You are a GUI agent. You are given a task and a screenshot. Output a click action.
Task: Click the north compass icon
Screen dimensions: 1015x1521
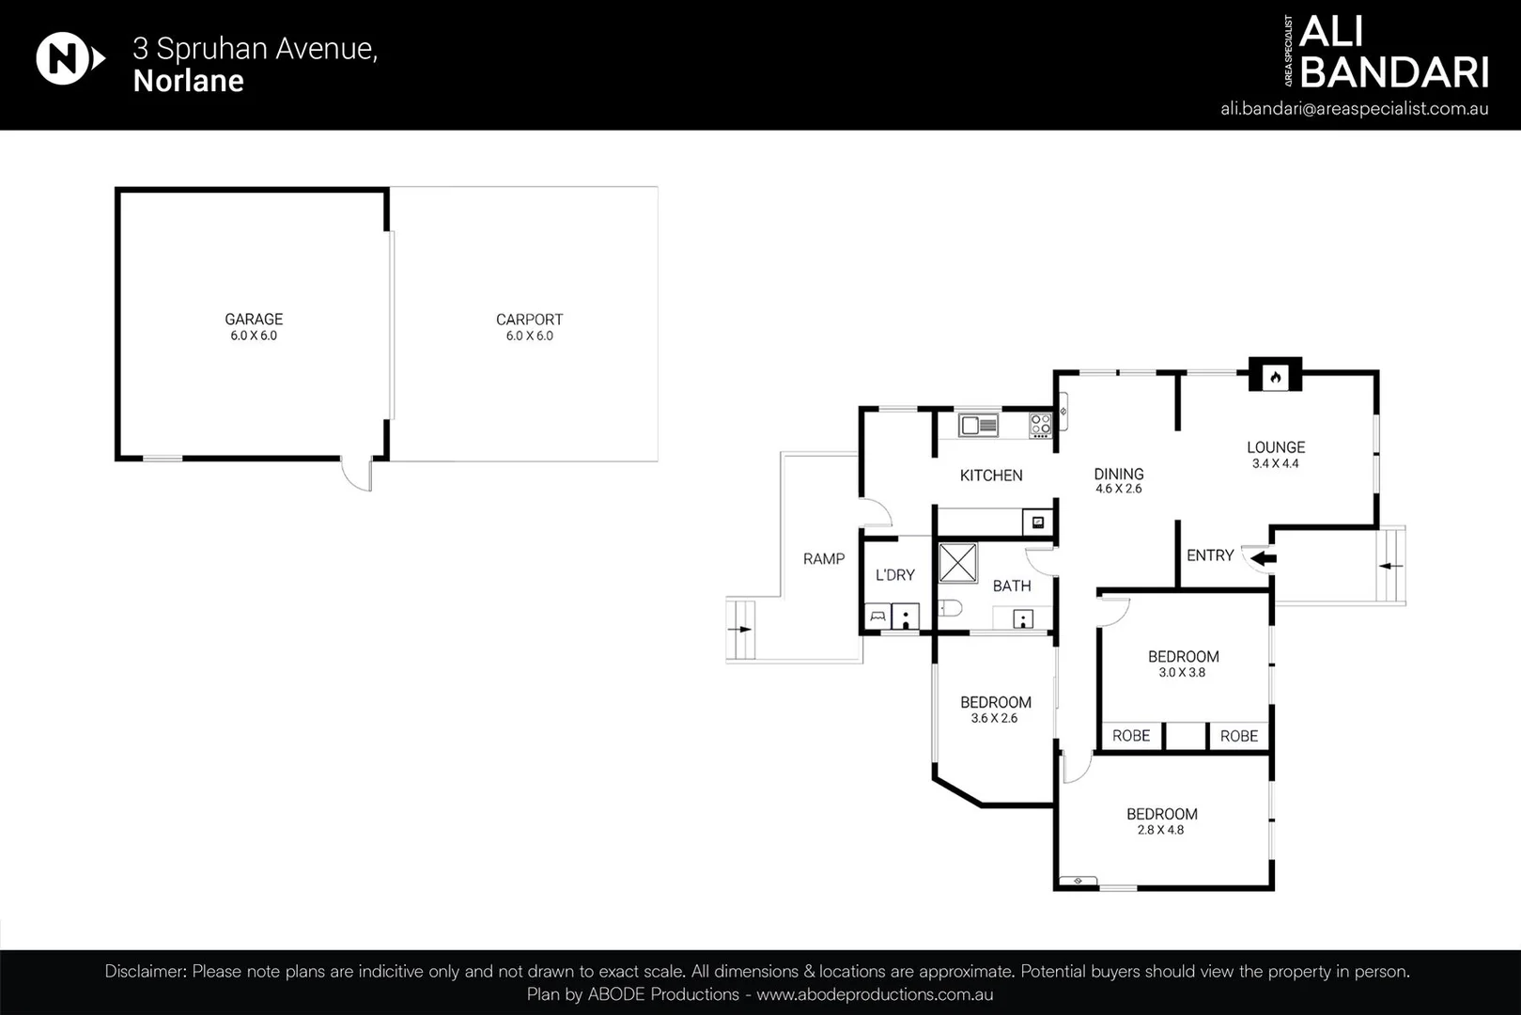tap(68, 59)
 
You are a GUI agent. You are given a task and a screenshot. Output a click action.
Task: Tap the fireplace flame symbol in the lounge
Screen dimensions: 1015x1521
tap(1275, 378)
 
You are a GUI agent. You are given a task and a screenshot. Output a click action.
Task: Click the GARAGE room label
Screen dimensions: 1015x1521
tap(254, 320)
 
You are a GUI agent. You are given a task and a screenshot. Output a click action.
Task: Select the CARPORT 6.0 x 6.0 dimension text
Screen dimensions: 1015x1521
tap(529, 336)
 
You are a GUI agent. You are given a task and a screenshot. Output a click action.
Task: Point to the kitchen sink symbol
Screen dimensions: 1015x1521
tap(978, 426)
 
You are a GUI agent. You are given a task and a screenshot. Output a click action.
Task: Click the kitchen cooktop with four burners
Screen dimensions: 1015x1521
tap(1040, 425)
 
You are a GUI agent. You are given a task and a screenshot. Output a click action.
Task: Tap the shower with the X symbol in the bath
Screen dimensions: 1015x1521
tap(957, 563)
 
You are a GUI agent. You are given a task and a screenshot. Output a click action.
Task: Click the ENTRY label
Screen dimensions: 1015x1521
tap(1209, 555)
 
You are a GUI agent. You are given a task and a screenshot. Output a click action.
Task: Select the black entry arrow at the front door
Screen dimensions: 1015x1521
tap(1264, 559)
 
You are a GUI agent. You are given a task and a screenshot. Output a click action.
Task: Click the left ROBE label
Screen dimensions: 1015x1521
tap(1130, 736)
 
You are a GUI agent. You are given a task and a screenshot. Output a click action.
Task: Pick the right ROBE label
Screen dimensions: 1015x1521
tap(1238, 736)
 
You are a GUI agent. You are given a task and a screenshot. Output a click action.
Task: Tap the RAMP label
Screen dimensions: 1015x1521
tap(823, 559)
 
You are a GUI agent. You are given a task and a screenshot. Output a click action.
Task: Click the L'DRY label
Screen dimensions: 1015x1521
tap(894, 575)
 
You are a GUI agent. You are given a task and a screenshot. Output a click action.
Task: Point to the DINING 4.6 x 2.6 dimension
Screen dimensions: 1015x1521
tap(1118, 489)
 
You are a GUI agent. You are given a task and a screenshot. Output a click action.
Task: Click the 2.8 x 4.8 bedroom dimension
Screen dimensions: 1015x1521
tap(1160, 830)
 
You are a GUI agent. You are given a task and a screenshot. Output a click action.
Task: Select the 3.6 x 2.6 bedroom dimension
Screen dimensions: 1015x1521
tap(994, 718)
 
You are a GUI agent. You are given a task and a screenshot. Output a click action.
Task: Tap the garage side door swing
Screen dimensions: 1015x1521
tap(357, 475)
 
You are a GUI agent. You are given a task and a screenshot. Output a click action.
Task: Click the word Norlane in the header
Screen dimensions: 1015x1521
tap(189, 81)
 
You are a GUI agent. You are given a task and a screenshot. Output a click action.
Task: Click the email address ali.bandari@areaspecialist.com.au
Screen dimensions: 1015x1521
tap(1354, 108)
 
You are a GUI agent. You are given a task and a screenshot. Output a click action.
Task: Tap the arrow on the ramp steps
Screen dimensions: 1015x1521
tap(741, 630)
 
